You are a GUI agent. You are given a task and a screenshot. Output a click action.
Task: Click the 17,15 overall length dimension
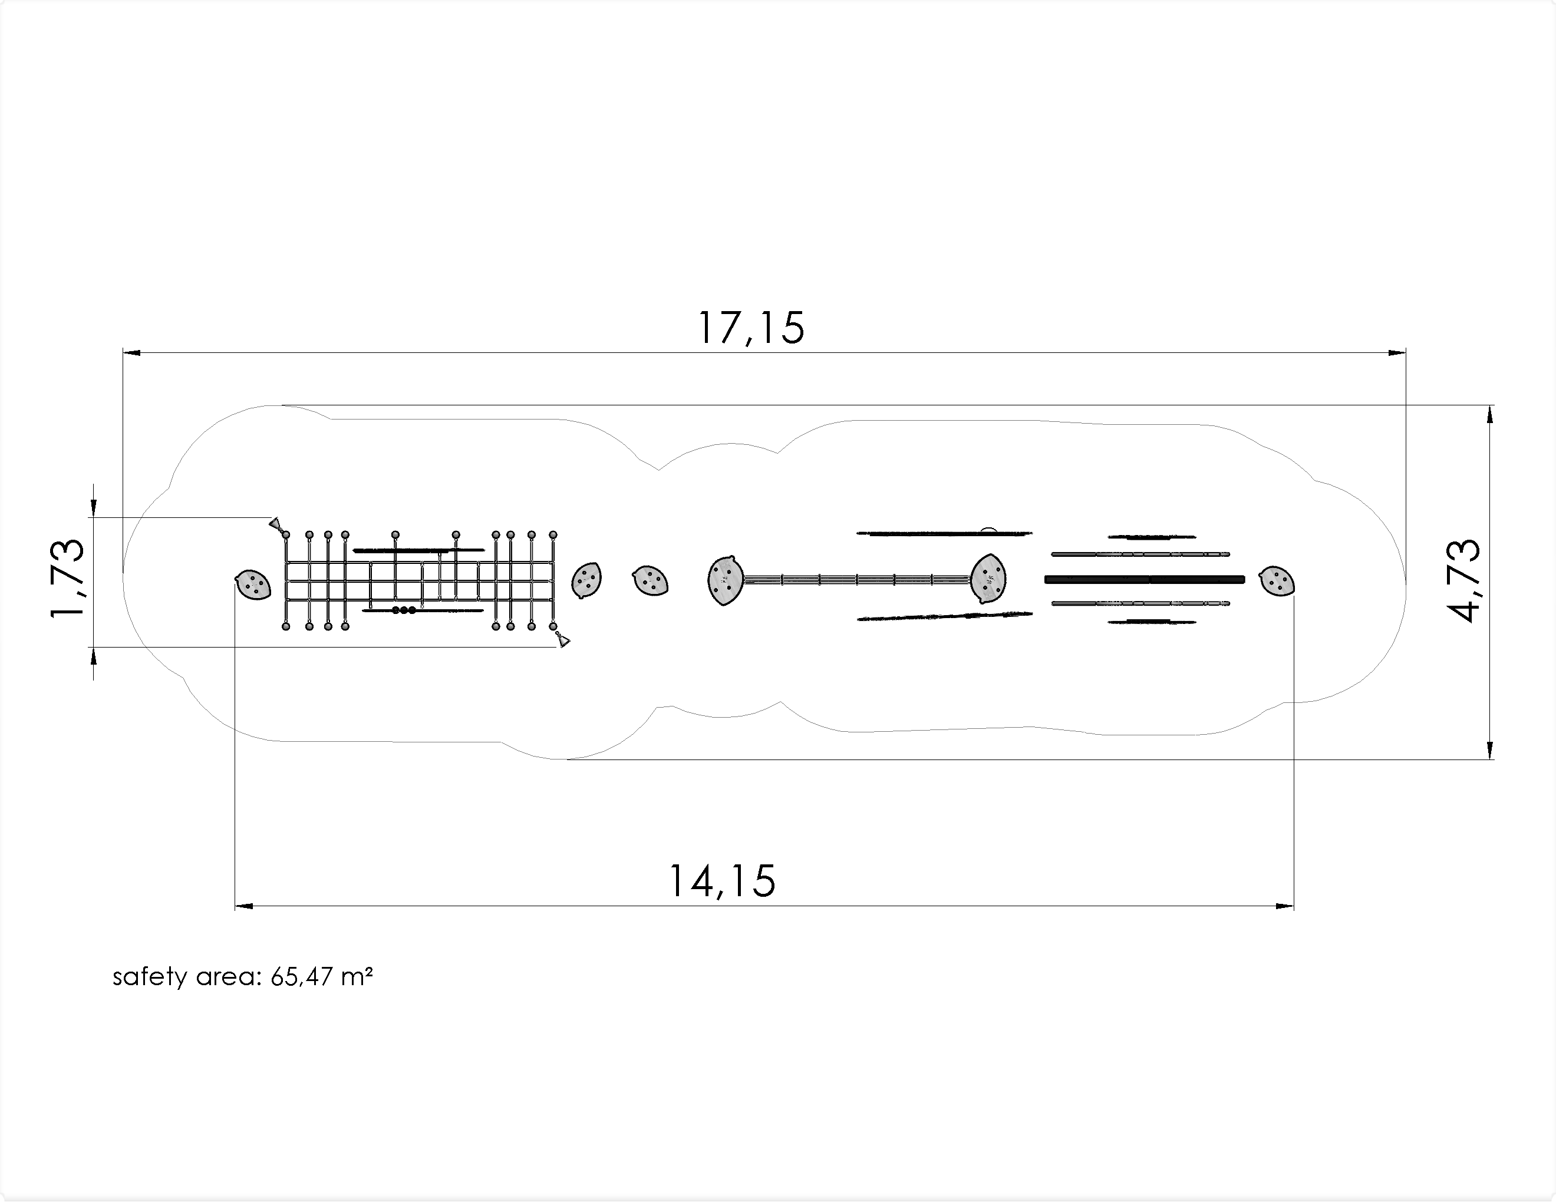pos(751,328)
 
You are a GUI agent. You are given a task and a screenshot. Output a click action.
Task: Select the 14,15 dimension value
pos(722,881)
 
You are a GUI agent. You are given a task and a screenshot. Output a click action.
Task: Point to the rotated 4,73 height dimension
pos(1464,580)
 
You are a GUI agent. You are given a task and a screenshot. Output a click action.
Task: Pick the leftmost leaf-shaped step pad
pos(253,585)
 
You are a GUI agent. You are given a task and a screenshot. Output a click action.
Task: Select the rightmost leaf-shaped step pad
pos(1277,581)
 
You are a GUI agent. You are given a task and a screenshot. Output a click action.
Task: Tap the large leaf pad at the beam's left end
pos(726,580)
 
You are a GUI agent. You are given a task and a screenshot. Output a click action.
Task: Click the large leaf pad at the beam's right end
pos(989,579)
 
